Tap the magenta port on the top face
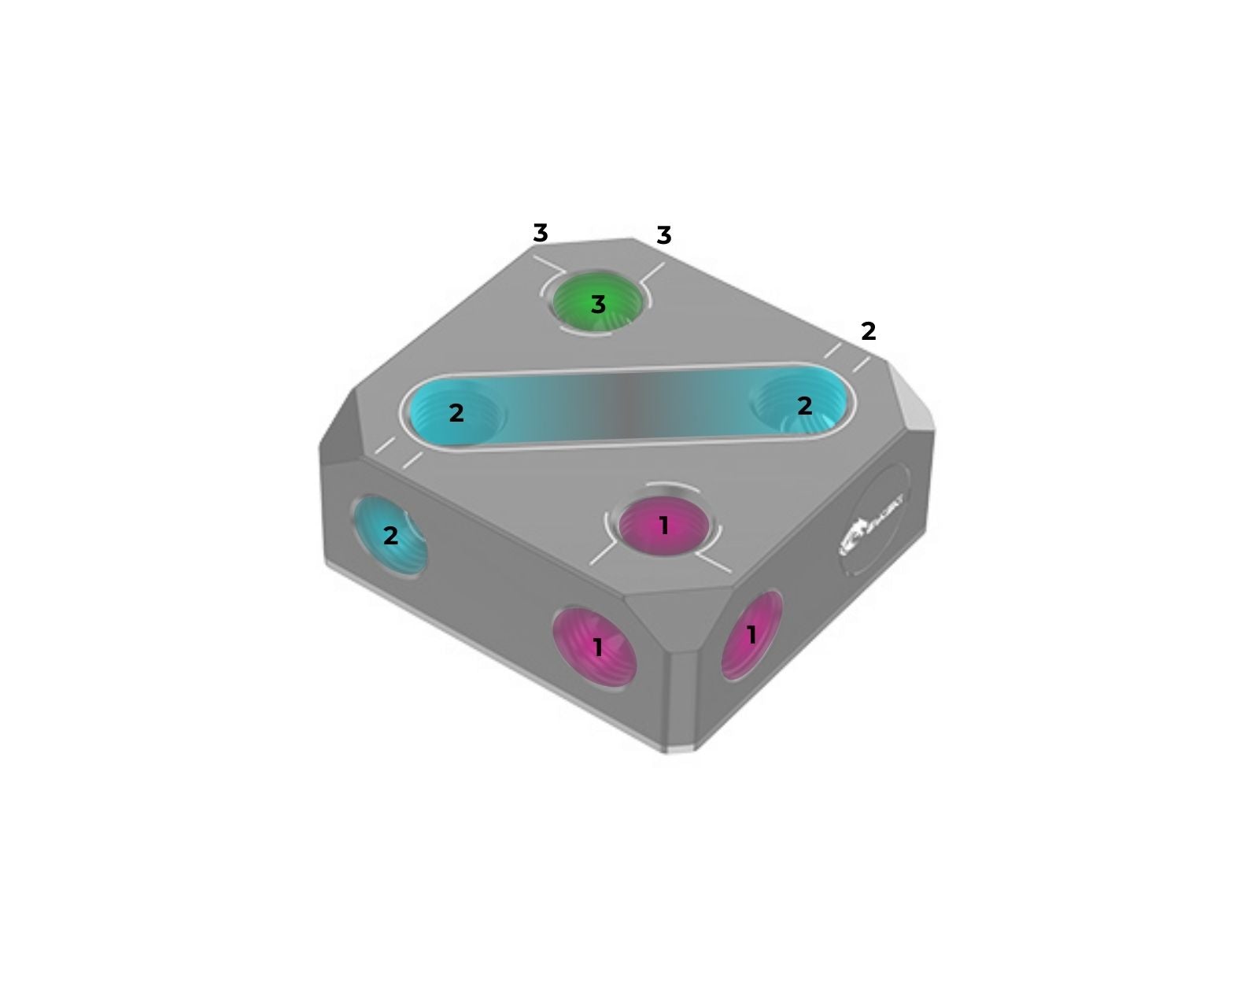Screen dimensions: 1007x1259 pos(663,526)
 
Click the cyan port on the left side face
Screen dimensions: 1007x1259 pos(389,536)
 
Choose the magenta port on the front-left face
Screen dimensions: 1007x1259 pos(596,647)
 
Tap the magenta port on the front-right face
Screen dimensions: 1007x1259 pos(751,634)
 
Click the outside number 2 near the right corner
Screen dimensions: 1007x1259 pos(868,331)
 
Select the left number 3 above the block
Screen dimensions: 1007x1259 pos(540,233)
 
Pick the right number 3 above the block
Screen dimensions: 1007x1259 pos(663,235)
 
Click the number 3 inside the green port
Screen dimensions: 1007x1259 pos(598,304)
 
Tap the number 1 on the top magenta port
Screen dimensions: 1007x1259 pos(663,525)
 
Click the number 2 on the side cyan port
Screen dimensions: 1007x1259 pos(390,536)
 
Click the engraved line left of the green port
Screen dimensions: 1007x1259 pos(549,264)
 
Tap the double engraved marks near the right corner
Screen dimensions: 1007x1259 pos(847,357)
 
